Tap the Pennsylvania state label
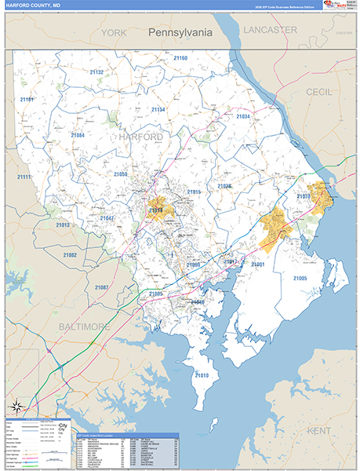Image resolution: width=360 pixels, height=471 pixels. [180, 33]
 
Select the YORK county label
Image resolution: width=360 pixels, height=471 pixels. [114, 33]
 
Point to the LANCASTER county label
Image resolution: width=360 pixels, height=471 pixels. [270, 29]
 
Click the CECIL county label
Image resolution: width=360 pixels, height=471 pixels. [319, 92]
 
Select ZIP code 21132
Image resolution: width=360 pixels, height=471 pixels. [96, 72]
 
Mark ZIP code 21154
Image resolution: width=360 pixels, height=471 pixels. [158, 110]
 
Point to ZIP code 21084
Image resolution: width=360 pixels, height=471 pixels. [78, 136]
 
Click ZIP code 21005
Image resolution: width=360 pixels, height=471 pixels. [300, 279]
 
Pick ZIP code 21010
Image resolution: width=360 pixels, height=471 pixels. [202, 375]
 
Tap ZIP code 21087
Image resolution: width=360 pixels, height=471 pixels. [102, 288]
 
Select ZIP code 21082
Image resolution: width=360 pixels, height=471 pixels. [70, 255]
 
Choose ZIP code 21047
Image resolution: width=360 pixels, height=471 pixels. [107, 217]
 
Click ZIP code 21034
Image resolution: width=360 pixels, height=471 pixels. [243, 117]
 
